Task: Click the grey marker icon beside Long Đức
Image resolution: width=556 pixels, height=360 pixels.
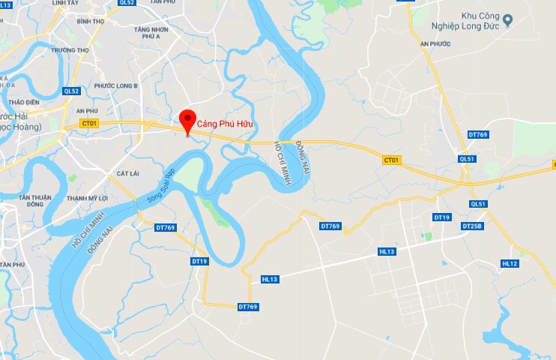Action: click(x=507, y=19)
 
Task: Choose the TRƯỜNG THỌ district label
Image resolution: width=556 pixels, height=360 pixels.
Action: click(x=70, y=50)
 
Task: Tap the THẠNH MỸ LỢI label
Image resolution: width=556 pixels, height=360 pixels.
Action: click(x=88, y=198)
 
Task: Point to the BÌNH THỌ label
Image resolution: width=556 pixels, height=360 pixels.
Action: click(x=90, y=21)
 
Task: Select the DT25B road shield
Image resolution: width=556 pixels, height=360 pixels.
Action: click(x=472, y=226)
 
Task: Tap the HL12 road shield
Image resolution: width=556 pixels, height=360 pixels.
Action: click(x=510, y=263)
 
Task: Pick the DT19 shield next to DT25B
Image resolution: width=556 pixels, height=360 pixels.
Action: click(x=442, y=217)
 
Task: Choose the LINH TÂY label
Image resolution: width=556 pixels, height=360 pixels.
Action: click(x=87, y=3)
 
